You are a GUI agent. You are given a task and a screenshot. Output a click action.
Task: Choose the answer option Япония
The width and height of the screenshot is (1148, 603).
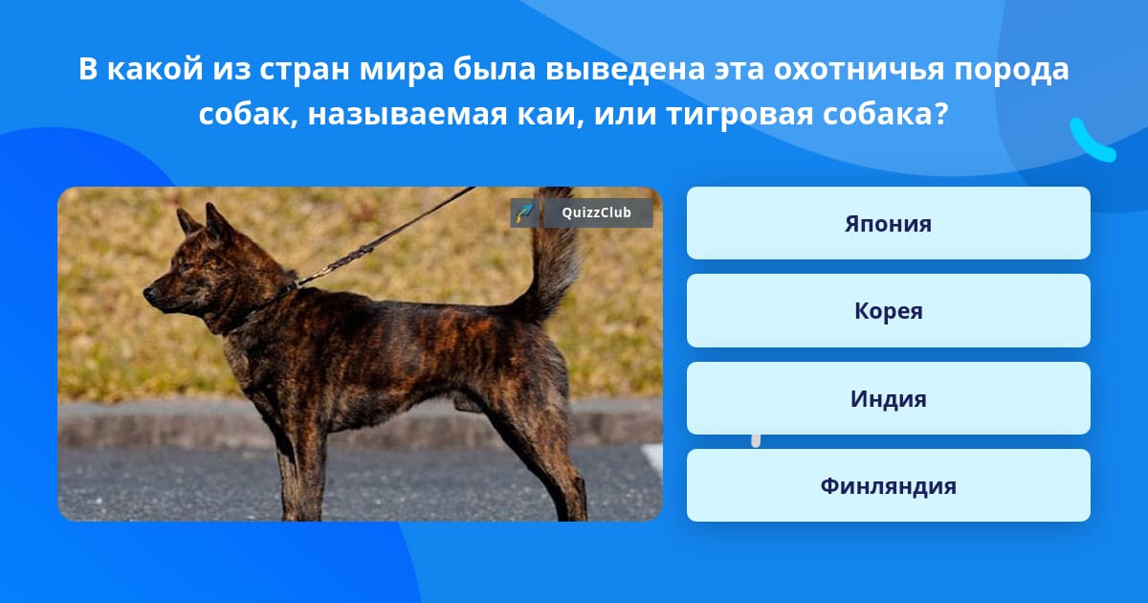(888, 223)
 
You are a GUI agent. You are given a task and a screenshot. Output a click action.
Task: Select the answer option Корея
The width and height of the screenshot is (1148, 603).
(888, 311)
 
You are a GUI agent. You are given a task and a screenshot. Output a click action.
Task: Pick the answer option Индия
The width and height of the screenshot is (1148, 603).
(888, 398)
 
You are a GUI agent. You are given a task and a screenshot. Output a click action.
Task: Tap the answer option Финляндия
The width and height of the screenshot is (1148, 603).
(888, 485)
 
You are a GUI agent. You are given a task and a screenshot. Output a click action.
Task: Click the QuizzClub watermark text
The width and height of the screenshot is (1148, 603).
(596, 212)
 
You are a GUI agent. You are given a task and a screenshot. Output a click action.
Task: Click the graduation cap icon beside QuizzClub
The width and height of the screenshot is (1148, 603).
(524, 212)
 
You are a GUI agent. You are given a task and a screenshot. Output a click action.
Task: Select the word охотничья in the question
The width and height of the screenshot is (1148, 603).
(858, 69)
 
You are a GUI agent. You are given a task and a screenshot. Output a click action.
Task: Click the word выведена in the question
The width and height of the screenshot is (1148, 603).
(626, 70)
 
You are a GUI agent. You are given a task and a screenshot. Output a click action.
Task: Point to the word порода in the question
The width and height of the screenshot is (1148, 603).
(1011, 70)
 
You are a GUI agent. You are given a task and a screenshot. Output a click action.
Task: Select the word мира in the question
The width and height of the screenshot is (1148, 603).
(401, 70)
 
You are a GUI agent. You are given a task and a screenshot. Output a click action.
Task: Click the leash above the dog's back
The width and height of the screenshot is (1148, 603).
(386, 235)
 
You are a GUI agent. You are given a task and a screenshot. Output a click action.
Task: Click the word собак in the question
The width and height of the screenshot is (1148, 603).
(248, 114)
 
